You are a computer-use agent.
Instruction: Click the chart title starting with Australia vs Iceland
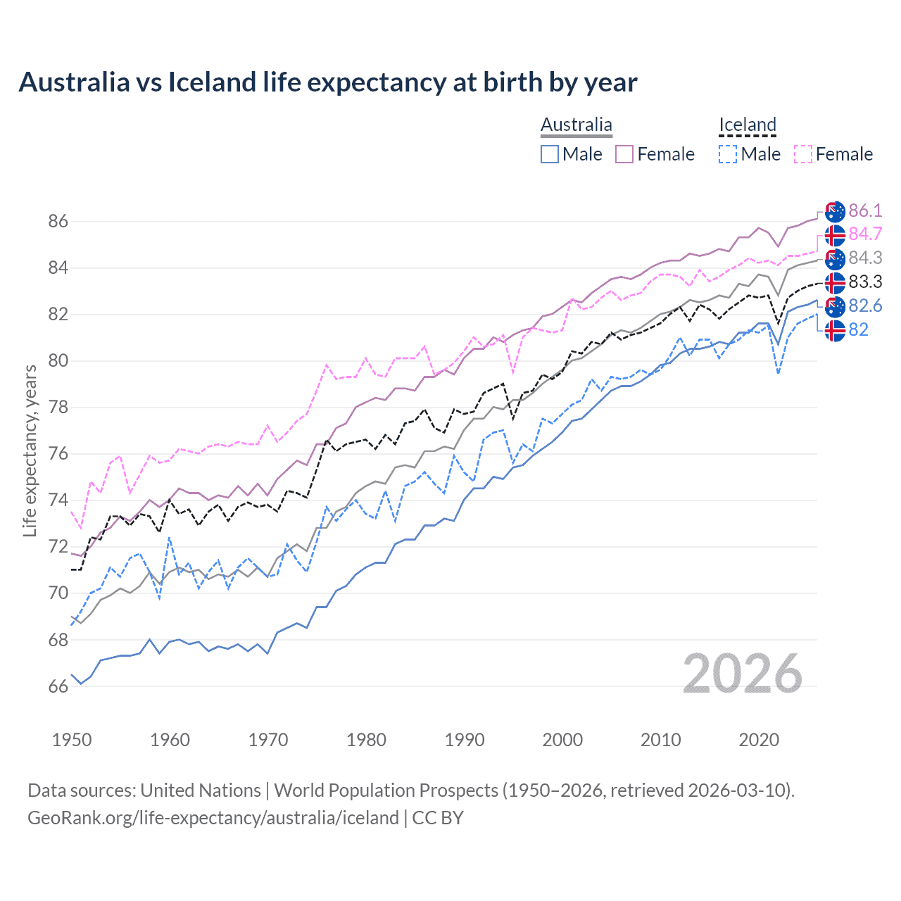328,82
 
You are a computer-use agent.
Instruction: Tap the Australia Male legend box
550,154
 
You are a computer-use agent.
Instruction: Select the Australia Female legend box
624,154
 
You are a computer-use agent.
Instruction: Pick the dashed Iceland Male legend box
728,154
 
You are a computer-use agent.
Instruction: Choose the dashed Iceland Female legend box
803,154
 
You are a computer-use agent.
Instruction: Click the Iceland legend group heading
747,125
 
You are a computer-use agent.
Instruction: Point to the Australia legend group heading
576,125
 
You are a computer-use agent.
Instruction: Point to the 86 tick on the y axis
58,221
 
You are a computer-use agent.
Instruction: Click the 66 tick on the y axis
58,686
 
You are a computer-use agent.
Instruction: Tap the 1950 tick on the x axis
72,740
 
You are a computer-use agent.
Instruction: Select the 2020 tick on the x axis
758,740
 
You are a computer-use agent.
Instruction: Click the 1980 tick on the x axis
366,740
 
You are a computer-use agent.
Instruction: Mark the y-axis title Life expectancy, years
30,450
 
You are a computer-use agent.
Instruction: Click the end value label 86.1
865,210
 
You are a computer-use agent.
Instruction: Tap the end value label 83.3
865,282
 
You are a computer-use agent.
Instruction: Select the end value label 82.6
865,305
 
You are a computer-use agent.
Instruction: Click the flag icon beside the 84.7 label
835,234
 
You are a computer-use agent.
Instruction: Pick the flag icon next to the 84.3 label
835,258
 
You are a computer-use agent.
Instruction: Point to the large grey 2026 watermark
742,674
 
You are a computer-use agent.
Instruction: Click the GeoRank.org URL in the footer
213,817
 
